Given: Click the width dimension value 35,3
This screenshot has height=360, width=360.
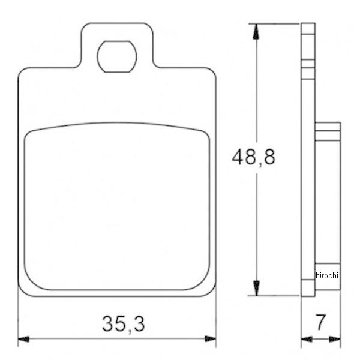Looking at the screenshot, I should coord(122,324).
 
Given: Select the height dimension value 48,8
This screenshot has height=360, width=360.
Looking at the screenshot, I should coord(254,158).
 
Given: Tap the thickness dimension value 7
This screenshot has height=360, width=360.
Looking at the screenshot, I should coord(320,323).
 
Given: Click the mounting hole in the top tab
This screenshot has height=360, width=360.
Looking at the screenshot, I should coord(117,56).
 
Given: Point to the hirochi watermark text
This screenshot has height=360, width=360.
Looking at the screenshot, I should coord(327,275).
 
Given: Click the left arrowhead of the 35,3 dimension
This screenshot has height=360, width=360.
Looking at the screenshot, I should coord(23,339).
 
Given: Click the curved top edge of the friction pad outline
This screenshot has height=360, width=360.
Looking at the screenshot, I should coord(117,124).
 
